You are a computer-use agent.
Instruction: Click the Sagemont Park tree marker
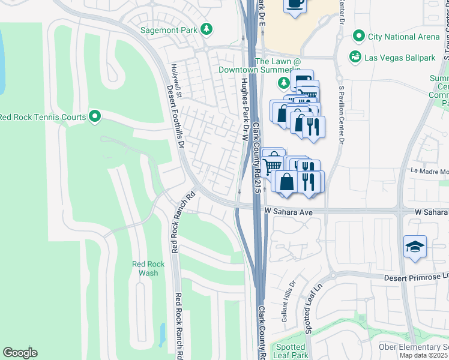[x=206, y=29]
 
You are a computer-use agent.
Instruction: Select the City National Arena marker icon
[x=359, y=37]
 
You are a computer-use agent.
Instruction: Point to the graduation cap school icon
[x=415, y=247]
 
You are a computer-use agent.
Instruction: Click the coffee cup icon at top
[x=295, y=4]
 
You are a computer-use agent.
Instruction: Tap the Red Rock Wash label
[x=145, y=268]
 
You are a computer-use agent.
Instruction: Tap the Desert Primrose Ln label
[x=415, y=278]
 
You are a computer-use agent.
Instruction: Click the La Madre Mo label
[x=429, y=171]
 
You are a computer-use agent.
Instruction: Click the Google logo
[x=20, y=353]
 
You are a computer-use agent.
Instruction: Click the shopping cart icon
[x=272, y=164]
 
